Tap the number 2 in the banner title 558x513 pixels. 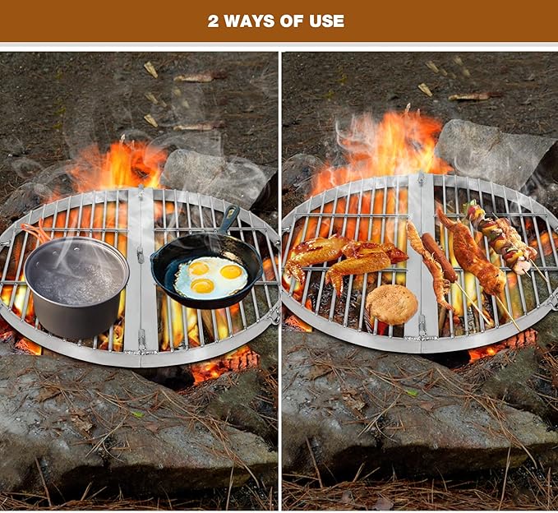coord(214,21)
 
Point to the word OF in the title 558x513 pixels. coord(292,21)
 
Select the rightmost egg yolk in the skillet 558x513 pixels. coord(232,271)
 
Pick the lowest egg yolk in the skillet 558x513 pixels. coord(202,285)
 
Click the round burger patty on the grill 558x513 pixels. coord(392,304)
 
